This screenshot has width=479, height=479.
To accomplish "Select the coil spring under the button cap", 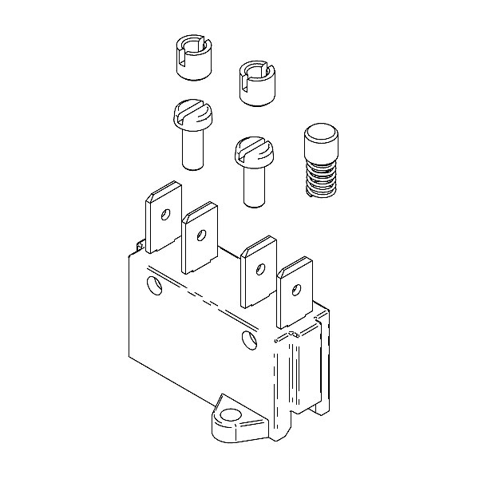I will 321,180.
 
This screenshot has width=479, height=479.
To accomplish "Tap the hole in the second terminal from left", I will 201,235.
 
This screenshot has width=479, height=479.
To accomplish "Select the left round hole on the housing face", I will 153,283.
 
